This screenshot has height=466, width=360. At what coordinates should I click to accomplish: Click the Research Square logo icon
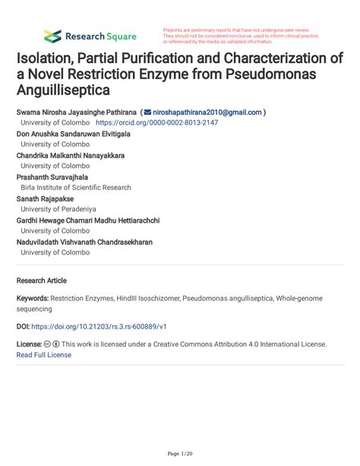[x=52, y=36]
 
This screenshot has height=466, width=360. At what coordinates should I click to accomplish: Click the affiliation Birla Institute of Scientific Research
[x=76, y=187]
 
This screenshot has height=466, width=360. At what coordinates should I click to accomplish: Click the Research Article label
[x=41, y=281]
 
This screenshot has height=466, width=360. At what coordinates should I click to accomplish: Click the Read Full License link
[x=43, y=355]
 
